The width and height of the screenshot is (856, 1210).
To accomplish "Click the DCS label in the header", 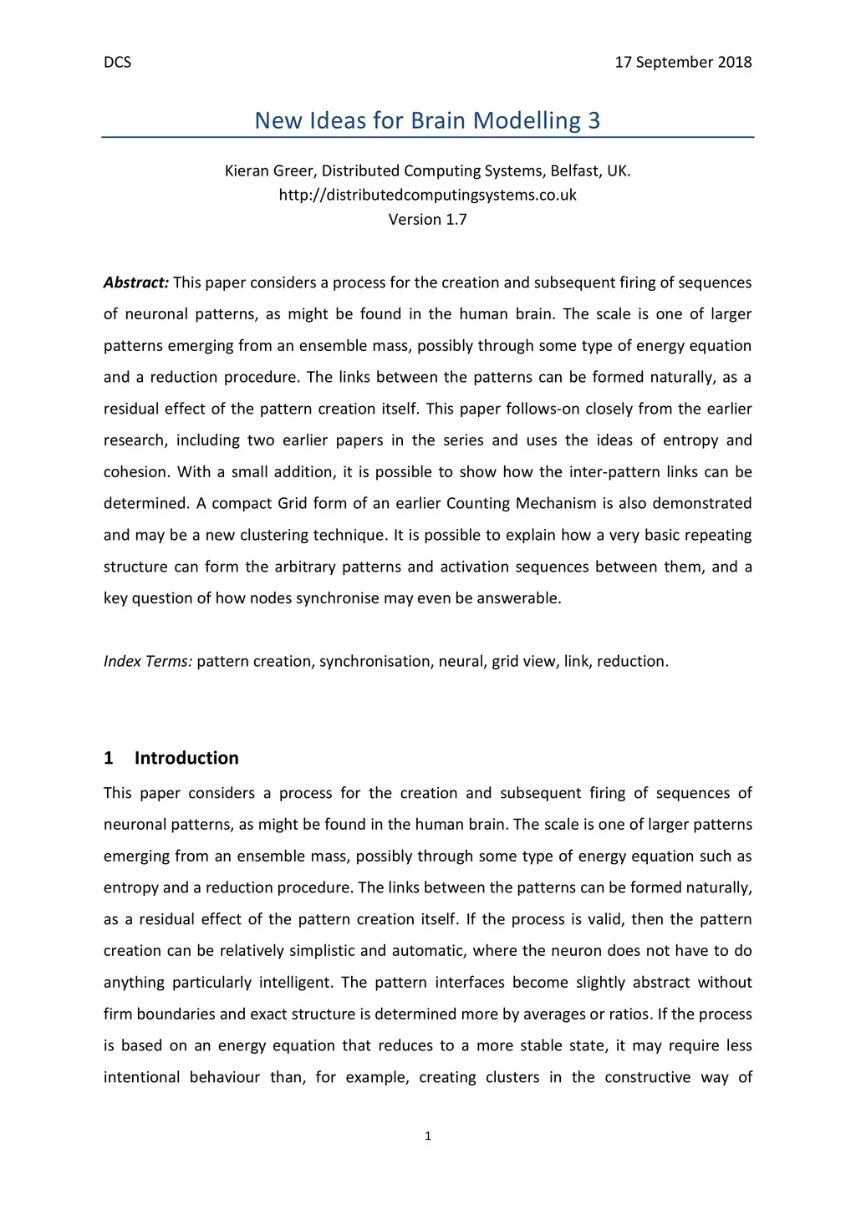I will pos(117,63).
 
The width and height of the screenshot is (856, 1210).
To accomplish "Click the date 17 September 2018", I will pos(683,63).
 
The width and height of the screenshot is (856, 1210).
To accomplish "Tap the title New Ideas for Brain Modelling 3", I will pos(427,120).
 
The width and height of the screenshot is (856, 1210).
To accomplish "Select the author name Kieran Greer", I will pos(269,171).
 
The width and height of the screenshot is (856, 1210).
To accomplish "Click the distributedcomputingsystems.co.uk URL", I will pos(427,196).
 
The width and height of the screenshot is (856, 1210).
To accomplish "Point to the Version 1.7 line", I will pos(427,220).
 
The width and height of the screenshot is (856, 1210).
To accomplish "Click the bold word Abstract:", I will pos(136,282).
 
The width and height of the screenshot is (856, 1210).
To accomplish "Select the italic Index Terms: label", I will pos(148,662).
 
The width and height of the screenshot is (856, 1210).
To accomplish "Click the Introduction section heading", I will pos(186,758).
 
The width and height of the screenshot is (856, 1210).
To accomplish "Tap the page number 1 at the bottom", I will pos(428,1136).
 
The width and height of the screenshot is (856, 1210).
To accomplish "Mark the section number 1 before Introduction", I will pos(109,758).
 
